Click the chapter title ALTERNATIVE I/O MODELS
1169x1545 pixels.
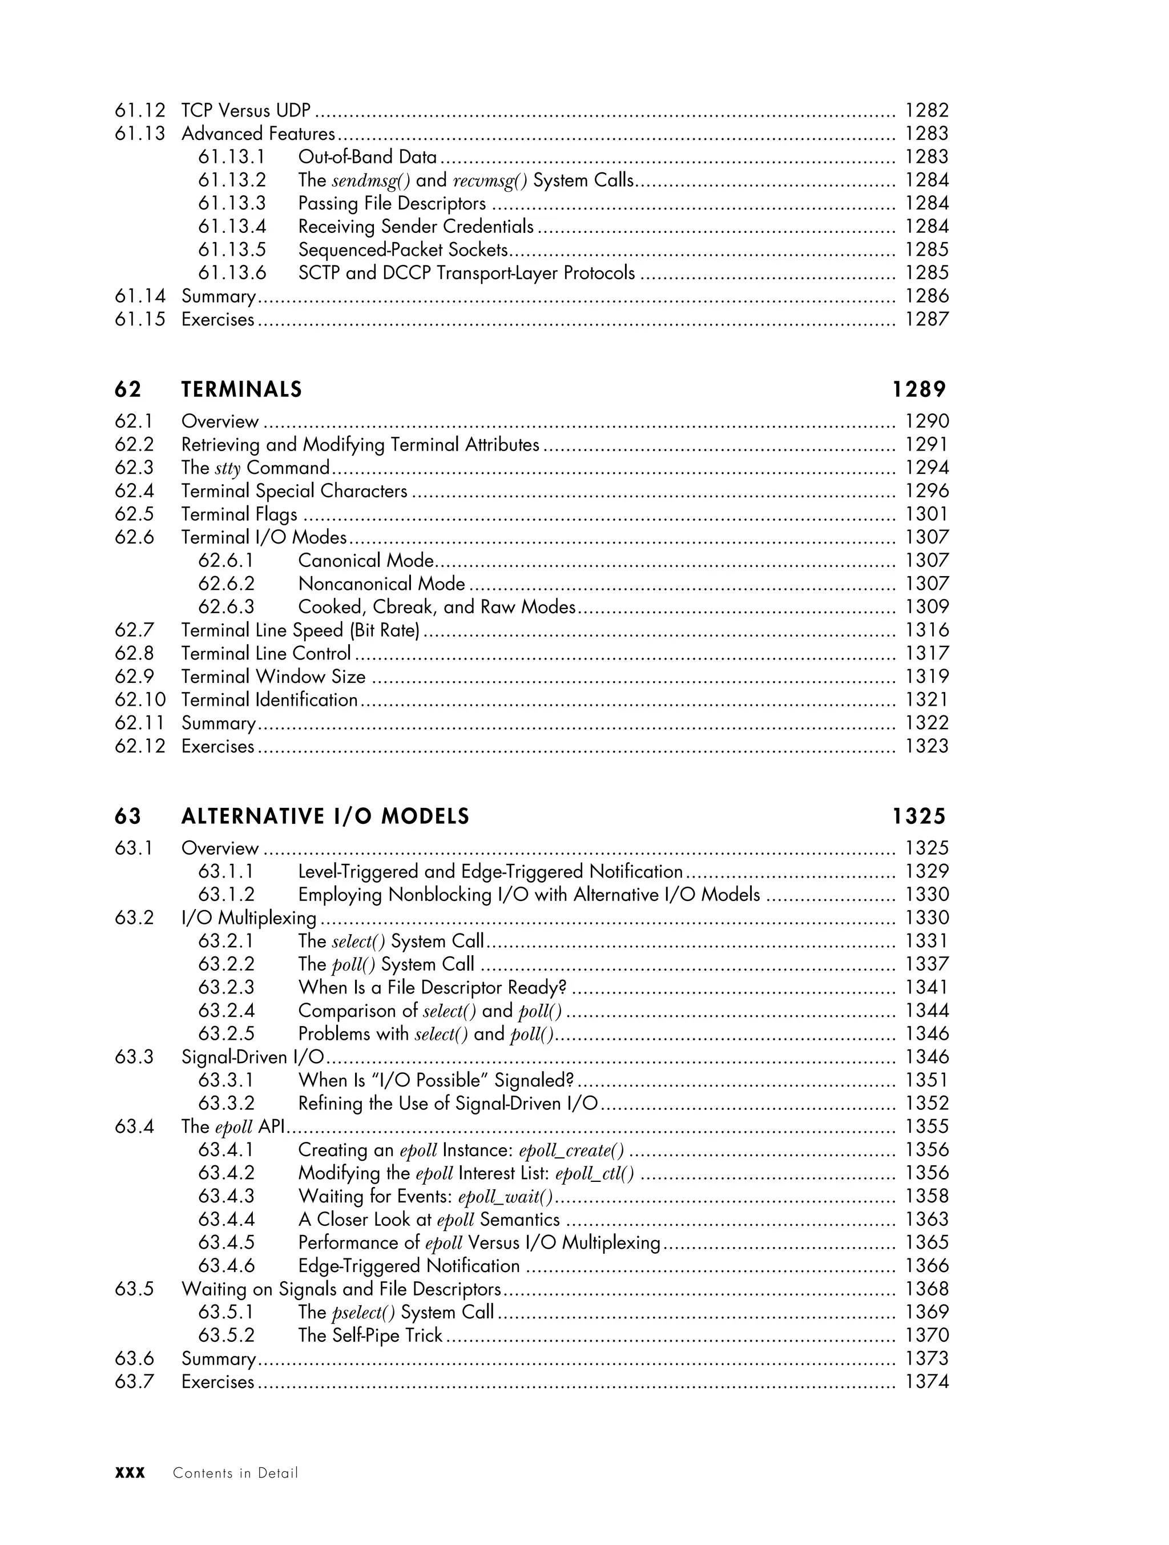click(x=325, y=816)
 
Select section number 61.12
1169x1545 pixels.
click(x=140, y=110)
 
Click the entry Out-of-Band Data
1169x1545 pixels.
click(x=368, y=156)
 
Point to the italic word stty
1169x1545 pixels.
click(x=228, y=468)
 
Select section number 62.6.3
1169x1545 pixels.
click(x=226, y=606)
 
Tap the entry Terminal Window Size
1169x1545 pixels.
click(x=273, y=676)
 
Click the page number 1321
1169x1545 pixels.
click(x=926, y=699)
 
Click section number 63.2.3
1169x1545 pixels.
click(x=226, y=987)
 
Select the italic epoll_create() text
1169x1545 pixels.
click(x=571, y=1150)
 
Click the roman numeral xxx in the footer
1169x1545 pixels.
click(x=130, y=1473)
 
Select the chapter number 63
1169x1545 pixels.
click(x=128, y=816)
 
